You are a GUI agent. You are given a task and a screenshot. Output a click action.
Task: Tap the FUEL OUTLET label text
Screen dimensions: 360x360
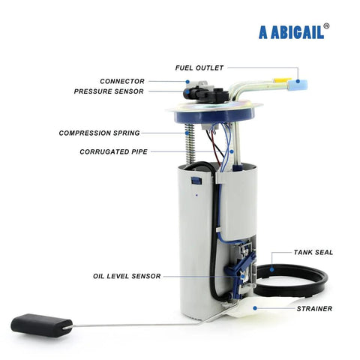click(199, 68)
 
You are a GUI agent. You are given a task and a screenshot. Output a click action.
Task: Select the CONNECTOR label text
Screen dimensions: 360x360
click(122, 81)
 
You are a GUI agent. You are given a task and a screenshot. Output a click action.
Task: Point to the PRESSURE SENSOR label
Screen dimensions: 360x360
click(109, 91)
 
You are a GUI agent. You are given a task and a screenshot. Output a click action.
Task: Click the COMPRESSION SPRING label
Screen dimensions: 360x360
click(99, 133)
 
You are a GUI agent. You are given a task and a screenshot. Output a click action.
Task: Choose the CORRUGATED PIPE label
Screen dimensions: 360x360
click(113, 151)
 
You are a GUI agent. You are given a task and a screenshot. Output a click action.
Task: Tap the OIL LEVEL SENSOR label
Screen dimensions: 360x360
click(127, 276)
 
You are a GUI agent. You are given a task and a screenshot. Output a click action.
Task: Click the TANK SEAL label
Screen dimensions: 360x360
click(313, 253)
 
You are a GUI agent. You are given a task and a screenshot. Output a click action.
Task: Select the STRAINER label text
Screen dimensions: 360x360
click(314, 309)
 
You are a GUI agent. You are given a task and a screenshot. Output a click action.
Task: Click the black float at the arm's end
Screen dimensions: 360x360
click(41, 325)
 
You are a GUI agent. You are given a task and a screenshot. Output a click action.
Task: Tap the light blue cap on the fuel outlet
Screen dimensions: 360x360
click(297, 85)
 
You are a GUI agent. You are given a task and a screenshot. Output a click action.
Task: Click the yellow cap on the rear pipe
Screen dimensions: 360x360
click(281, 80)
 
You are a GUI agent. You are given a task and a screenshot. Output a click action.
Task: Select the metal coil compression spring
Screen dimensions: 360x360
click(190, 144)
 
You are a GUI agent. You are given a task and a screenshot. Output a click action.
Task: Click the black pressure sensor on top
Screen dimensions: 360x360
click(206, 94)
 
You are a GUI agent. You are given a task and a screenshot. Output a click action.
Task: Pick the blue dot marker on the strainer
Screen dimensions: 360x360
click(255, 308)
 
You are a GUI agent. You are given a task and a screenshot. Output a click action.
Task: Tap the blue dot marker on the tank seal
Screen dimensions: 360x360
click(271, 269)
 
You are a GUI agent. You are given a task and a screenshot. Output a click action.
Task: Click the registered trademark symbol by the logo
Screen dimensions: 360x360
click(326, 26)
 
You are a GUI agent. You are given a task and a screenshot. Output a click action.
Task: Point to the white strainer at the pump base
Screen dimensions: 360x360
click(253, 309)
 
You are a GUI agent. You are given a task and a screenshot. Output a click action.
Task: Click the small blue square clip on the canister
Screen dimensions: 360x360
click(196, 181)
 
